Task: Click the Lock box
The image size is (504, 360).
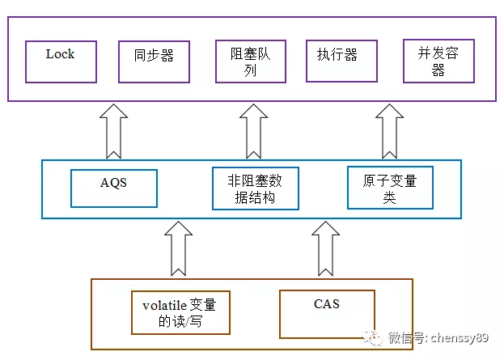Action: tap(61, 61)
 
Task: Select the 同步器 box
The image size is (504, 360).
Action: tap(154, 61)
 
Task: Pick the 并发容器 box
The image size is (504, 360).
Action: tap(438, 61)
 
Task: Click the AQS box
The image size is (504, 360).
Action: tap(114, 188)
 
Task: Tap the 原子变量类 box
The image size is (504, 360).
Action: tap(390, 187)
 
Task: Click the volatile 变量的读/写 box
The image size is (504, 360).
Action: tap(180, 312)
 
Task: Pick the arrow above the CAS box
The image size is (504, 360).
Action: tap(325, 248)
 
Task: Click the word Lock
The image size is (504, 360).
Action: tap(60, 54)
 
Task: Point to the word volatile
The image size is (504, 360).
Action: tap(164, 306)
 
